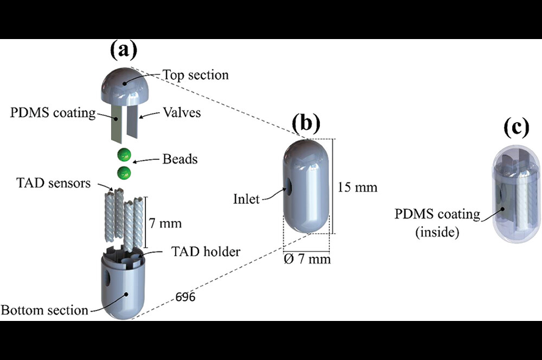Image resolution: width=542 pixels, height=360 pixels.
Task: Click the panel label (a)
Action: [124, 50]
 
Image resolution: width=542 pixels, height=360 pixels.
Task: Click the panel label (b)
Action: [306, 123]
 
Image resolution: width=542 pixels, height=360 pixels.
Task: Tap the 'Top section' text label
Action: [196, 75]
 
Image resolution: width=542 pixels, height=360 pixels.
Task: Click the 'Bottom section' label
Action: [45, 310]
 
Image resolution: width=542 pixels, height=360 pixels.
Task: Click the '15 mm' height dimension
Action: [357, 187]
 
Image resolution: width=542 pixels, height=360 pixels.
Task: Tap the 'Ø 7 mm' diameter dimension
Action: [307, 259]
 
